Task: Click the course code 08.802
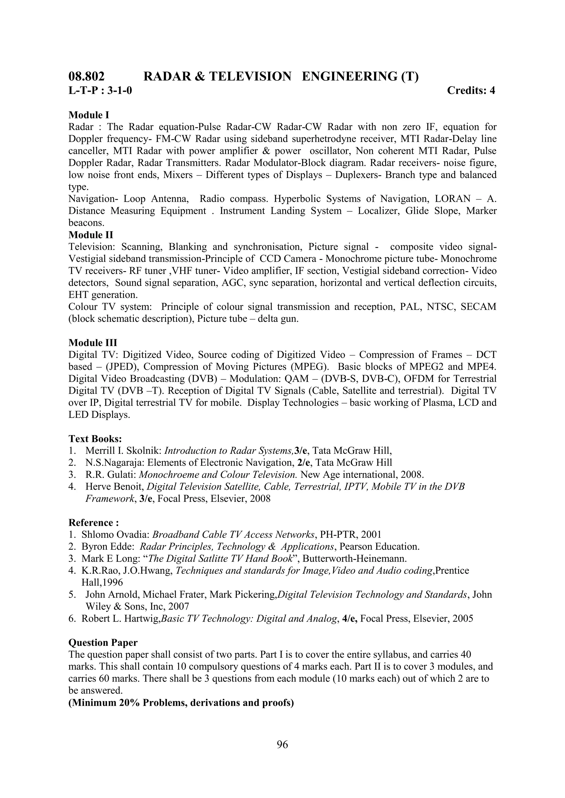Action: (86, 76)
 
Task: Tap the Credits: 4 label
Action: (470, 91)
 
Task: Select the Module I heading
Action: (89, 115)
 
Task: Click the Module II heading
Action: (90, 235)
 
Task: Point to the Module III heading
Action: (92, 343)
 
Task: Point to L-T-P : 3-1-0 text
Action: (100, 91)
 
